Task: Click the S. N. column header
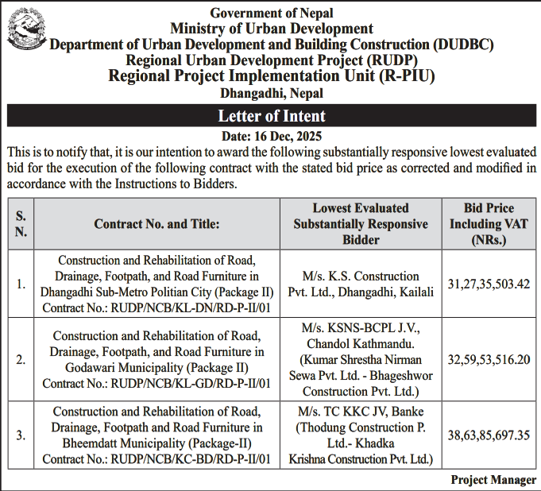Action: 21,224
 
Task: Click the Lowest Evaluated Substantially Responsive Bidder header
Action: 361,224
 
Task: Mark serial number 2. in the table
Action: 21,359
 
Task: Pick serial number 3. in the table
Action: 21,435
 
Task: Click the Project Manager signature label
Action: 493,480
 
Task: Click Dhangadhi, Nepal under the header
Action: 272,93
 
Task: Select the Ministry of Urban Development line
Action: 272,29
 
